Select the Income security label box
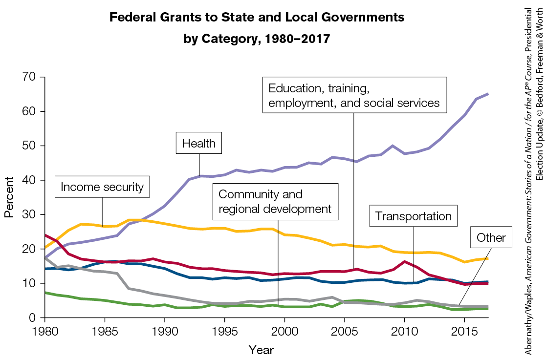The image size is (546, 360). click(102, 187)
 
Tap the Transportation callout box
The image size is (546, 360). click(414, 216)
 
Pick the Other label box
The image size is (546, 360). click(490, 239)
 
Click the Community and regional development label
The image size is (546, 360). click(275, 201)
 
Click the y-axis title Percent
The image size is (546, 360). click(9, 197)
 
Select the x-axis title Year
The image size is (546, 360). click(261, 350)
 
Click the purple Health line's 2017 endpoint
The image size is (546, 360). click(487, 94)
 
